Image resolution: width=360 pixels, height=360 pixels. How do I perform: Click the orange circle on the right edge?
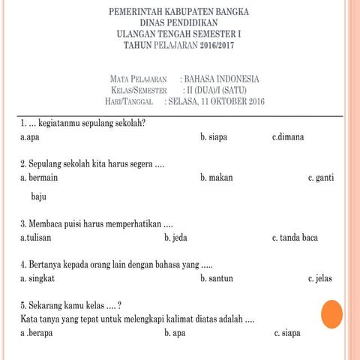click(331, 313)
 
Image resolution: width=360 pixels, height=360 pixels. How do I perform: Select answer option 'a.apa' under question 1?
click(30, 138)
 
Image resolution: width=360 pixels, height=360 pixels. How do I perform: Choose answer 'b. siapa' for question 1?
click(214, 138)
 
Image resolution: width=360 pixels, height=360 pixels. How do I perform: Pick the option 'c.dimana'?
click(288, 138)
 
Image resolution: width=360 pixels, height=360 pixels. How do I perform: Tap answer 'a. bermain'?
click(39, 178)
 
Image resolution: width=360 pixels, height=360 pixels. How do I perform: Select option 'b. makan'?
click(216, 178)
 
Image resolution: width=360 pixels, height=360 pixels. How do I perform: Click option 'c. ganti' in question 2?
click(321, 178)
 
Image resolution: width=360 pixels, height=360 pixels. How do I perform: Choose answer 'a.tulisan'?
click(36, 238)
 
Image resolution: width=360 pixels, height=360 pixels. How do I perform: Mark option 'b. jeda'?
click(175, 238)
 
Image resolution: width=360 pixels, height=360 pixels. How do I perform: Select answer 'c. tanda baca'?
click(295, 238)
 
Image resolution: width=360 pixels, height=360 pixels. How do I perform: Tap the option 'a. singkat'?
click(37, 278)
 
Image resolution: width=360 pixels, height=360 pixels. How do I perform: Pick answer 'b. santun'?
click(217, 278)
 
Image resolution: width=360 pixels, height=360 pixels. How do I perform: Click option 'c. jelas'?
click(320, 278)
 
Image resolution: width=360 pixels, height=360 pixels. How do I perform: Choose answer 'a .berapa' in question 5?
click(37, 333)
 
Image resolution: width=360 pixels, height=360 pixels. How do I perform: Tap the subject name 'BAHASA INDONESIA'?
click(222, 79)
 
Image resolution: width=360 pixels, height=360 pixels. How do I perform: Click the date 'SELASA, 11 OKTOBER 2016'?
click(217, 101)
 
